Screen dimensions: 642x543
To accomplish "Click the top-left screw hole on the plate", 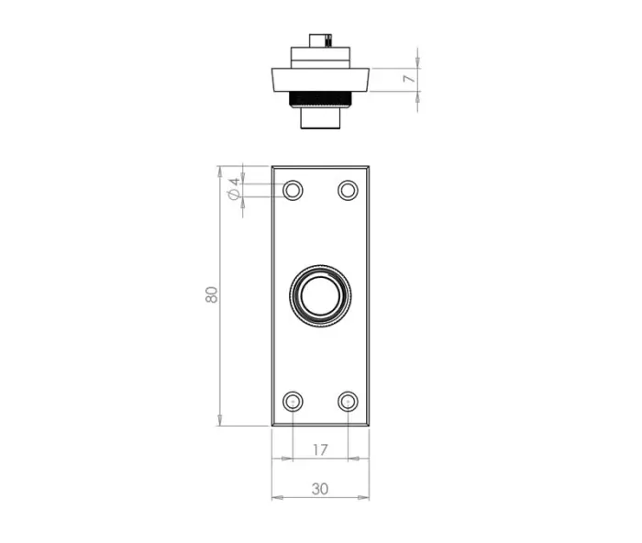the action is [293, 191].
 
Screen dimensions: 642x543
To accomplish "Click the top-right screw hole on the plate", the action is [348, 191].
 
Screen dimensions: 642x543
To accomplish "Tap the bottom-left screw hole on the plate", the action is [293, 402].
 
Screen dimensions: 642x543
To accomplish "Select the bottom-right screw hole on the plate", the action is [348, 402].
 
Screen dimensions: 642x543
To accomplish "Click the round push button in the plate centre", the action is [320, 295].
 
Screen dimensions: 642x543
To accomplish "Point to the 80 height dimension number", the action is [211, 294].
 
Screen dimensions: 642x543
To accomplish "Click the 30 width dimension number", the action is [320, 489].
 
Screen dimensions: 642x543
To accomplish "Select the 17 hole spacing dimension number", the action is [320, 449].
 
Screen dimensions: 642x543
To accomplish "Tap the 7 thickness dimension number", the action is [409, 78].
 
